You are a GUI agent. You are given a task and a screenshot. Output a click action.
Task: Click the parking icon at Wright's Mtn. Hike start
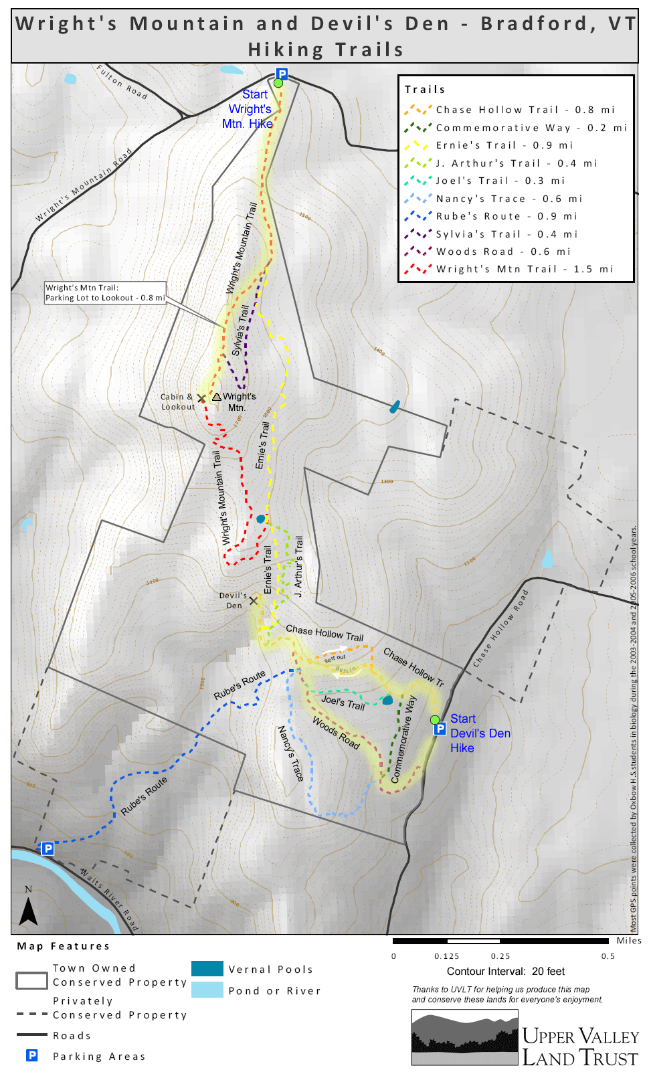282,74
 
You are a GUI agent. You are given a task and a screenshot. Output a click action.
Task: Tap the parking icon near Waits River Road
48,848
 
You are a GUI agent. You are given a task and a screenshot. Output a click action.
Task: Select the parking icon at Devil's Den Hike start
440,729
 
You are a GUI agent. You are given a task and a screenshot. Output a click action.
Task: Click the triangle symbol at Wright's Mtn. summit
217,397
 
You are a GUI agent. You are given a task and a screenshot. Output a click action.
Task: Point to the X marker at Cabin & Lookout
201,398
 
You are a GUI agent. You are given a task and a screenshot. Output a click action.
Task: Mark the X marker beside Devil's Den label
253,601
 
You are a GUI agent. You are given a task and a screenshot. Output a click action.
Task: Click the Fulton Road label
121,82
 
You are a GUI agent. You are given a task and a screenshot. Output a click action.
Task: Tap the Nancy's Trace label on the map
291,753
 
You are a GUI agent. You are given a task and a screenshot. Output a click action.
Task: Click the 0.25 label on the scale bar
500,956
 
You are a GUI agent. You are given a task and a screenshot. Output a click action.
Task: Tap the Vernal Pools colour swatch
207,968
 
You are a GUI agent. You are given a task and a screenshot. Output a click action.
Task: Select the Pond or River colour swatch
207,990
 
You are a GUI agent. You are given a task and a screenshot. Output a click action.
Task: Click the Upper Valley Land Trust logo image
464,1037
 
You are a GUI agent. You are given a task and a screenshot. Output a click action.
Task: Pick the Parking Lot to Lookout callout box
105,293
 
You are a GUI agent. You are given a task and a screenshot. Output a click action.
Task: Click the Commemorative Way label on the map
403,739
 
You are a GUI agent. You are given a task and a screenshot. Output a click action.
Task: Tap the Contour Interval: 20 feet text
505,972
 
